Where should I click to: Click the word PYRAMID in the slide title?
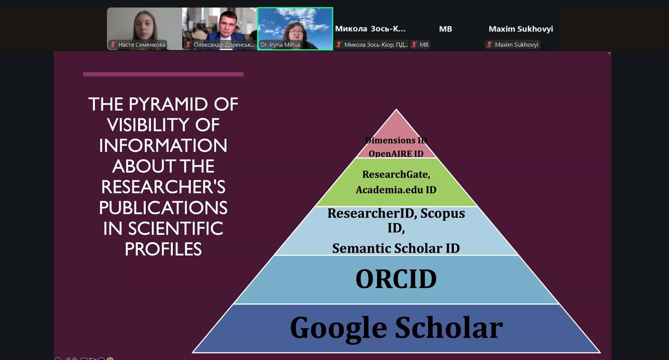(168, 104)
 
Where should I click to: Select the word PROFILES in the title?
(163, 249)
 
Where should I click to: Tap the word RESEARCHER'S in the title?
(163, 187)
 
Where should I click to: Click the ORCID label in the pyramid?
(396, 279)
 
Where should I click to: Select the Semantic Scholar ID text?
(396, 248)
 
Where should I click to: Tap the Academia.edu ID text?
(396, 189)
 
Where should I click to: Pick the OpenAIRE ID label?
(396, 153)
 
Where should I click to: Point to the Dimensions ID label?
(396, 140)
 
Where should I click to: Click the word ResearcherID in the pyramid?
(370, 213)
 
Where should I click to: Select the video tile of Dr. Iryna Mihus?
(295, 29)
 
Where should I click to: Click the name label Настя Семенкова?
(142, 45)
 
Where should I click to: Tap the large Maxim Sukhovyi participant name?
(521, 29)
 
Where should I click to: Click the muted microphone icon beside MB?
(414, 45)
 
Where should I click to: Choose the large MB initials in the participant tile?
(445, 29)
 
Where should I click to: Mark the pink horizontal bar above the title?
(163, 74)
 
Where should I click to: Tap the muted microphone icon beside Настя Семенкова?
(113, 45)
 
